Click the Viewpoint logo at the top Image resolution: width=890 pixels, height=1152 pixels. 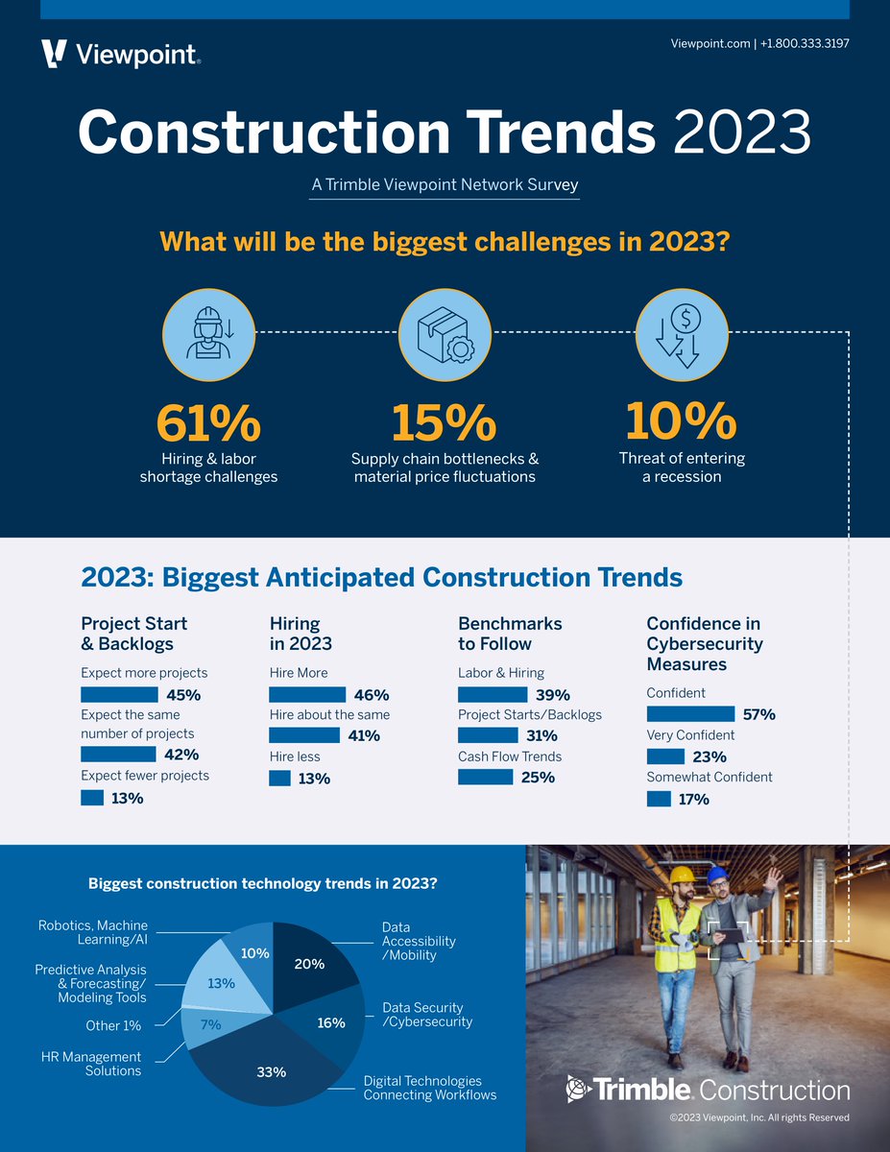point(121,54)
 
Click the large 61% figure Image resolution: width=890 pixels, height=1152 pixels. point(208,422)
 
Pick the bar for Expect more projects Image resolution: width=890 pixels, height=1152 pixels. point(119,694)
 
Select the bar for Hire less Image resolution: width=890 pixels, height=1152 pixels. point(279,778)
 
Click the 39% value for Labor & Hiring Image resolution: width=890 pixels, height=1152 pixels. point(552,695)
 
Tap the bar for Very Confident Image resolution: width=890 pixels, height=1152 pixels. point(665,756)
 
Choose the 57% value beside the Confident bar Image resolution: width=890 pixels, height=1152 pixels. point(758,714)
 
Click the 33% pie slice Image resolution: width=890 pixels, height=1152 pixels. point(272,1071)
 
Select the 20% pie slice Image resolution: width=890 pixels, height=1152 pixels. point(309,964)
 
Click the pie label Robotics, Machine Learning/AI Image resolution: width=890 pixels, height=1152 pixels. point(93,932)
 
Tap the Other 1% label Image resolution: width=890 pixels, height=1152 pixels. point(113,1025)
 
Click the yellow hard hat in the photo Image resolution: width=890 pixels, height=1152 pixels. point(682,876)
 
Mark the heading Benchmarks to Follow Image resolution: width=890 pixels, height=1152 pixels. point(510,634)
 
